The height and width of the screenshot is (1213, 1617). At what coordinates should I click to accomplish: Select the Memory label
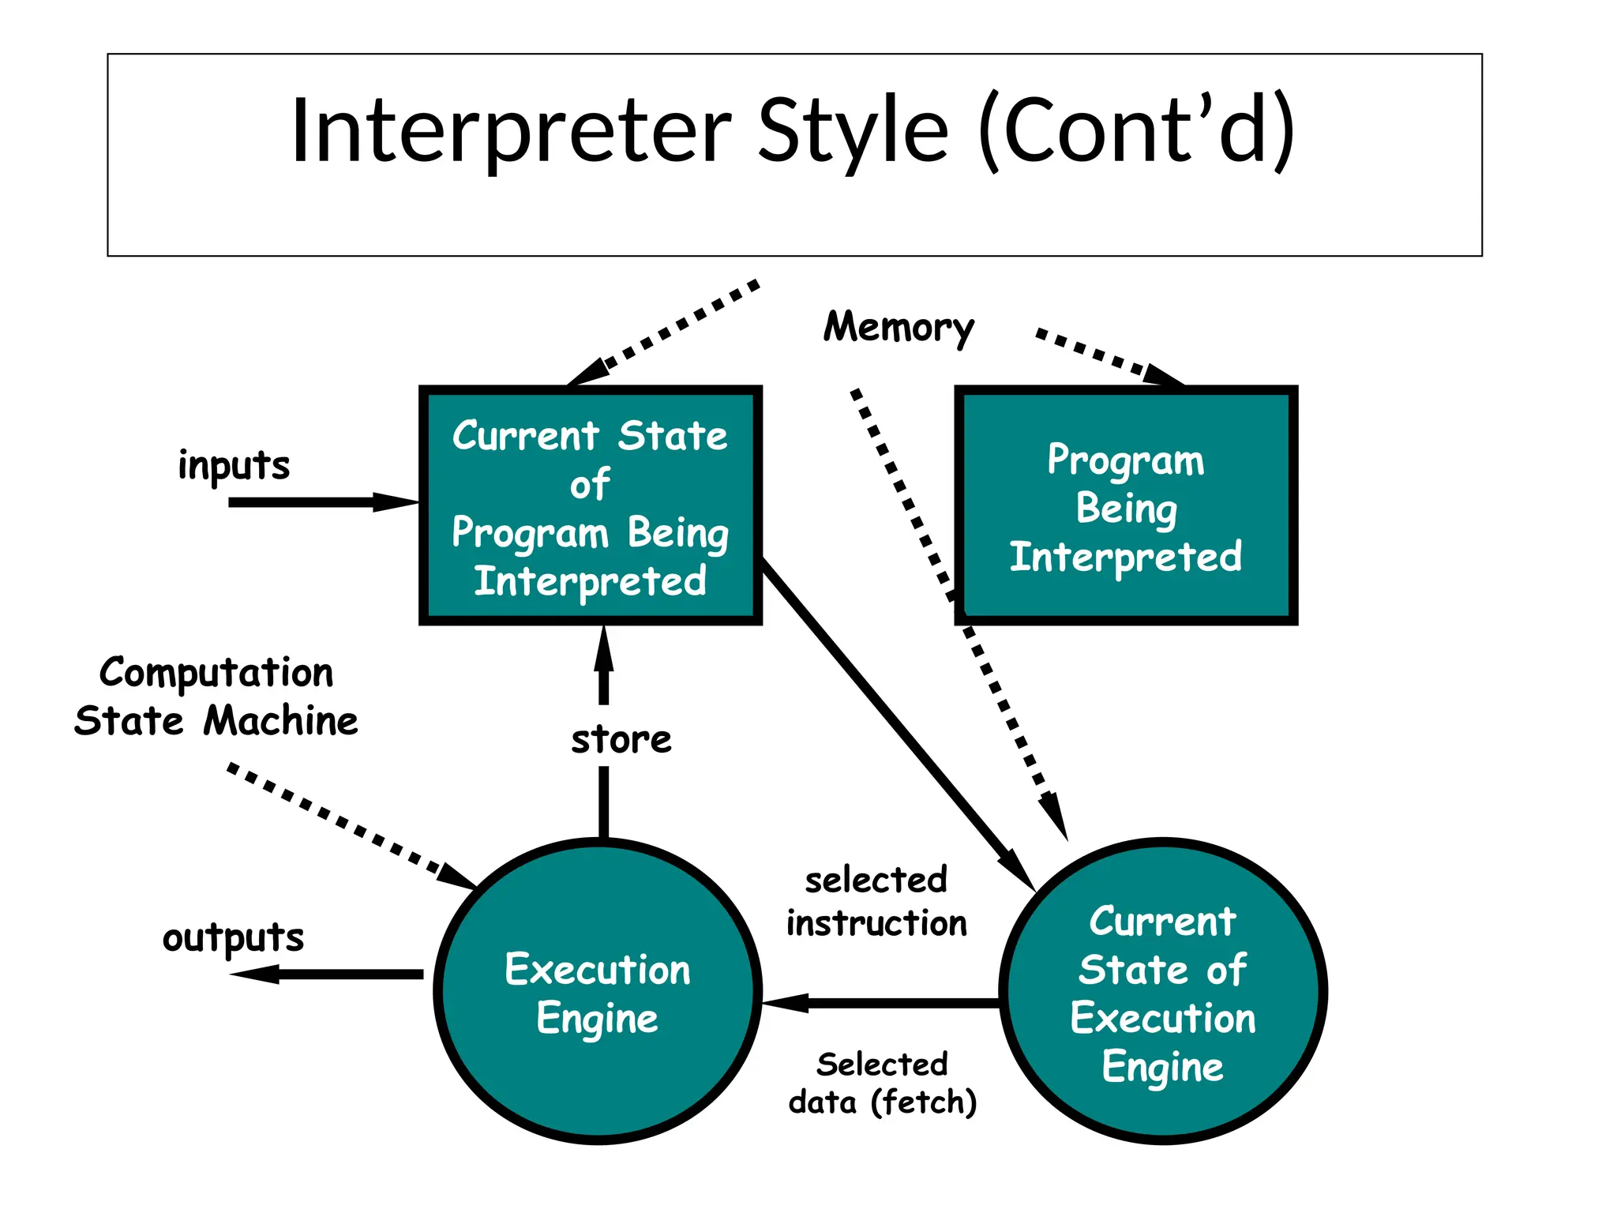(x=899, y=326)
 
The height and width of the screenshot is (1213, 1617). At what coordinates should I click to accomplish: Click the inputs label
(x=234, y=464)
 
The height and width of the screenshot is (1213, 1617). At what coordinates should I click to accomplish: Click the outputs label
(x=233, y=937)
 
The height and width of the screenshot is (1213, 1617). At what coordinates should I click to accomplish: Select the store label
(x=621, y=740)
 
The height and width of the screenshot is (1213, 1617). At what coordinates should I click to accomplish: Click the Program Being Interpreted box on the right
(x=1126, y=505)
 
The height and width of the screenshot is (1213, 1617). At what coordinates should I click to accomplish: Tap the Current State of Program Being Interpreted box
(x=590, y=505)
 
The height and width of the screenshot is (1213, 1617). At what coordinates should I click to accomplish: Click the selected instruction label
(x=876, y=902)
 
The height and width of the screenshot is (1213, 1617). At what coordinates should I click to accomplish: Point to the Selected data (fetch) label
(x=883, y=1083)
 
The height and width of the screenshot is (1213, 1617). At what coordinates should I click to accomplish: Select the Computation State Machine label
(x=216, y=697)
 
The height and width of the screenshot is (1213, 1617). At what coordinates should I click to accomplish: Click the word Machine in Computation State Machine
(x=280, y=721)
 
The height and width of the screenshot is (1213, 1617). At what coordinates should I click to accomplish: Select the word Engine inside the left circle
(x=598, y=1019)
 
